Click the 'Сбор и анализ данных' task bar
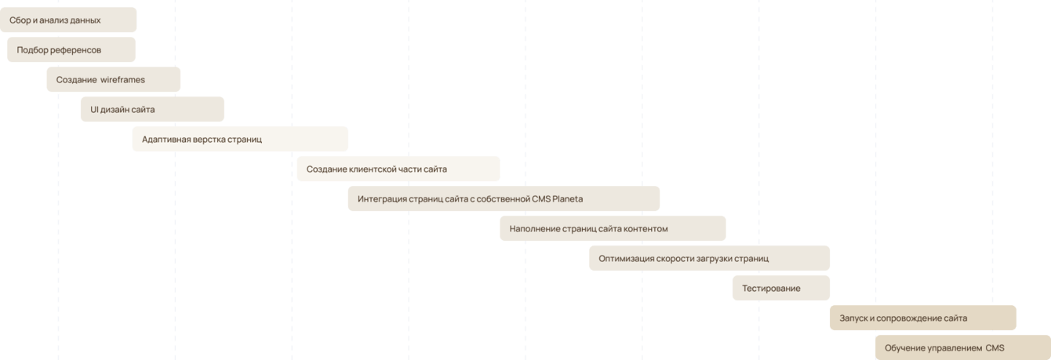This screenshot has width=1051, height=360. (x=68, y=20)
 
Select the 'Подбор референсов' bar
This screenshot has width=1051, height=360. (x=71, y=50)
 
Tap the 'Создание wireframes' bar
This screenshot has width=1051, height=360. (x=114, y=80)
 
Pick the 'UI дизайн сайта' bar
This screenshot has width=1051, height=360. (x=152, y=110)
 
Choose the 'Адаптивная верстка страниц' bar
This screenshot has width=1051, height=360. (x=240, y=140)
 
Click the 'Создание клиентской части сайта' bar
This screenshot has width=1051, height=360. (x=398, y=169)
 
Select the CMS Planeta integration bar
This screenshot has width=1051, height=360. (x=504, y=199)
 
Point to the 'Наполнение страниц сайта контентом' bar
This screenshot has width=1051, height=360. (x=613, y=229)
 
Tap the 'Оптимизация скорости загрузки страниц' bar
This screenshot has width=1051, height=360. (x=709, y=259)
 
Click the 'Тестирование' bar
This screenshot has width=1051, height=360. (x=780, y=289)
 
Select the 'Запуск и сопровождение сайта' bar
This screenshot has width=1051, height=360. (x=922, y=318)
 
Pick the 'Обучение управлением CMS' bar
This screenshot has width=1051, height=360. (x=962, y=347)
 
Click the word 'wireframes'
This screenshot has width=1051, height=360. (x=123, y=80)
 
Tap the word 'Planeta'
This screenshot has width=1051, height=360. (x=568, y=199)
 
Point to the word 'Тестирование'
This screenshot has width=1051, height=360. (x=771, y=289)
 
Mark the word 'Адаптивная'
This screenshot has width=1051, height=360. (x=167, y=140)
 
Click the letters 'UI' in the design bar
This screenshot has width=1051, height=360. (x=94, y=110)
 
